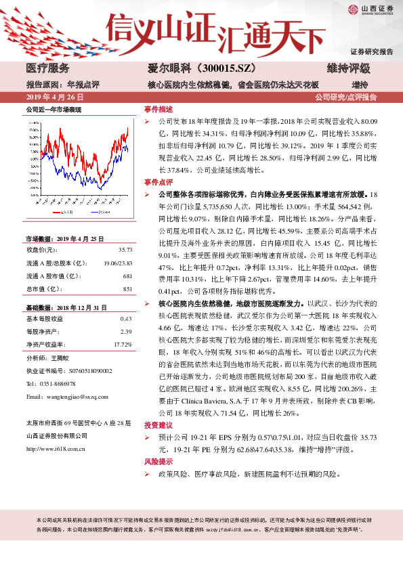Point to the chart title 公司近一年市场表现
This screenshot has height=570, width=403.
click(x=54, y=109)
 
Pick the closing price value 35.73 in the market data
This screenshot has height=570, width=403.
click(x=125, y=250)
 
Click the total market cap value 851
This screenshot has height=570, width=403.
click(x=127, y=289)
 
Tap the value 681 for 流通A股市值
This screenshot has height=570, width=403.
click(x=127, y=276)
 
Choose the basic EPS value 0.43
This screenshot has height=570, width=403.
click(x=125, y=318)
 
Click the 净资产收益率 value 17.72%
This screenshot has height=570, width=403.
click(x=123, y=344)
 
